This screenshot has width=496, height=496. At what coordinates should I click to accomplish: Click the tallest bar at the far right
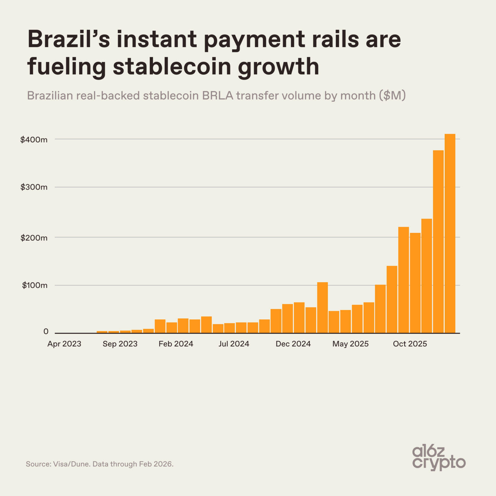tap(450, 232)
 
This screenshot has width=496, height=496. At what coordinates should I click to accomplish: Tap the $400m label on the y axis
tap(34, 139)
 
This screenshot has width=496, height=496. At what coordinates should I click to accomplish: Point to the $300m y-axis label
tap(34, 187)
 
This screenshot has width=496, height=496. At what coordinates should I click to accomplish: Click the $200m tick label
tap(34, 238)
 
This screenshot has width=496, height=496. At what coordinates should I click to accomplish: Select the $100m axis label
tap(35, 285)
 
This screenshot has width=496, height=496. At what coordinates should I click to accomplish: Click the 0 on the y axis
tap(46, 331)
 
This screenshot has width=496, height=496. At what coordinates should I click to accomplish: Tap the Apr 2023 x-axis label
tap(64, 344)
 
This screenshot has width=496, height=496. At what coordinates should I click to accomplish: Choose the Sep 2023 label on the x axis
tap(120, 344)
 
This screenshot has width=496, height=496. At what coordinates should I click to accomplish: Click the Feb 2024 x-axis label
tap(176, 344)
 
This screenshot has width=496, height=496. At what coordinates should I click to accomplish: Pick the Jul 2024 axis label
tap(234, 344)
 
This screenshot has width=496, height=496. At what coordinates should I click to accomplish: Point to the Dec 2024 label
tap(293, 344)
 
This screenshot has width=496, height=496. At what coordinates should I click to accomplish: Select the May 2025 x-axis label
tap(350, 344)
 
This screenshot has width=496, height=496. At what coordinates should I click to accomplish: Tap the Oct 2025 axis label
tap(410, 344)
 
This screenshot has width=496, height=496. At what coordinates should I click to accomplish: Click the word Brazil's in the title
tap(68, 39)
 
